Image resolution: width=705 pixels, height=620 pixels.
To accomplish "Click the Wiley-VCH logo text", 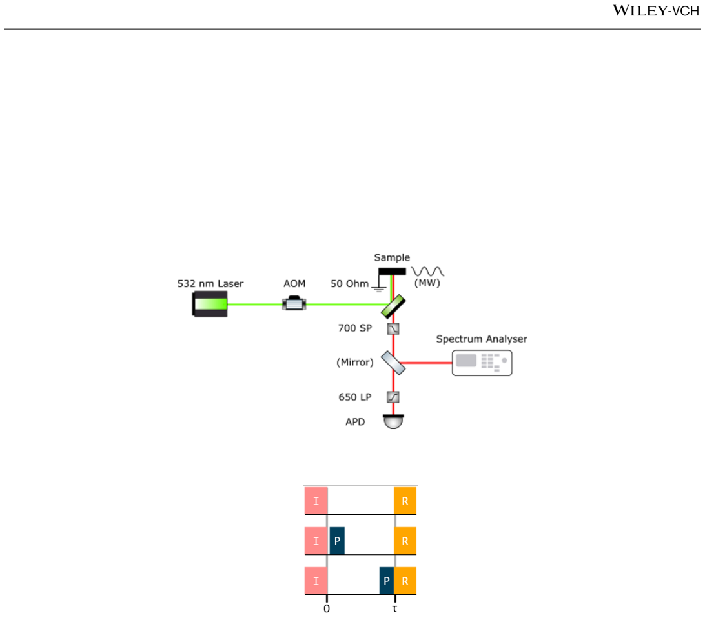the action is [x=656, y=10].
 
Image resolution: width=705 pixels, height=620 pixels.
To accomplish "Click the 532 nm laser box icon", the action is [x=210, y=304].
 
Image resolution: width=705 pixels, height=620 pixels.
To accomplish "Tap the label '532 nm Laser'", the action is [x=210, y=283].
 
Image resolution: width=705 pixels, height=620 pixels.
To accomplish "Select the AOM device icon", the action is [x=294, y=303].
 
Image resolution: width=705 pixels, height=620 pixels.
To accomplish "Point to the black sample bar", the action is [x=392, y=272].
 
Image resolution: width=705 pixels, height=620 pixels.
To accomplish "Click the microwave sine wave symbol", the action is [x=427, y=272].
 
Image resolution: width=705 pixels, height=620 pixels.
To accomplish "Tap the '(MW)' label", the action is [x=427, y=283].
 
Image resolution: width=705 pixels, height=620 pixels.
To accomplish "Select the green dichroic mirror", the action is [x=393, y=306].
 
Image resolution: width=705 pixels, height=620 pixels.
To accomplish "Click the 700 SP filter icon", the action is [x=393, y=329].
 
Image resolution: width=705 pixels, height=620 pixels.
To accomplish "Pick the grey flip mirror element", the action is [x=393, y=363].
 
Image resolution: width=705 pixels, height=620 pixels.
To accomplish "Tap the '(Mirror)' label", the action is [x=355, y=362].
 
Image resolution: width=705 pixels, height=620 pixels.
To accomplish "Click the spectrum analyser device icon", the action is [x=482, y=363].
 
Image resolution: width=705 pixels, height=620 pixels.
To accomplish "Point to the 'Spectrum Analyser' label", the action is [x=482, y=339].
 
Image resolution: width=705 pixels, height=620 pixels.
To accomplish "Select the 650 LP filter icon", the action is [x=393, y=397].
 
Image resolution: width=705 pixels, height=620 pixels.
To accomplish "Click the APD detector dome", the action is [x=393, y=422].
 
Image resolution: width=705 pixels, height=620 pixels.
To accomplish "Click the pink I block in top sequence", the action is [x=316, y=501].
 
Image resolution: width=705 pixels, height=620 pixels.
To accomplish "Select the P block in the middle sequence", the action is [x=337, y=541].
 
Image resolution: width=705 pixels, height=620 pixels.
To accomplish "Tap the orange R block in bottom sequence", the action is [x=405, y=581].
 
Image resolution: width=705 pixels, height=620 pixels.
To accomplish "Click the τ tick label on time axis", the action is [x=394, y=609].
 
